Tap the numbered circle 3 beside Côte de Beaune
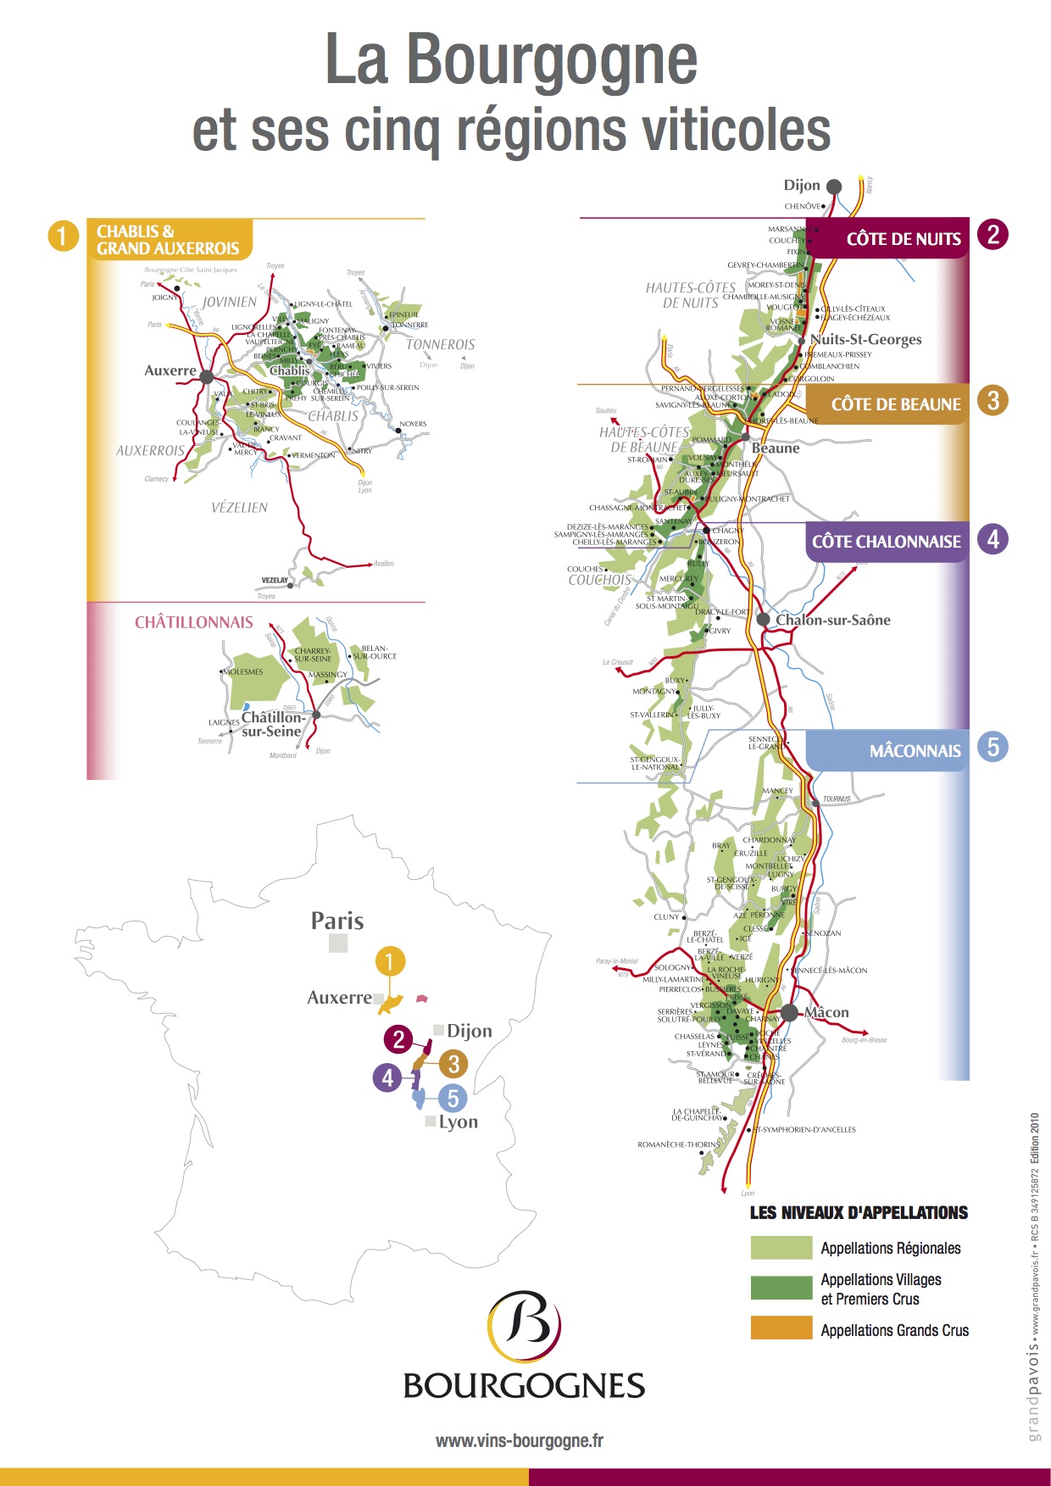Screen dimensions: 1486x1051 tap(993, 400)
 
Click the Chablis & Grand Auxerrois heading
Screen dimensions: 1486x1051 tap(168, 240)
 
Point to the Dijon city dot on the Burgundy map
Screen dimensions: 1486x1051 tap(834, 186)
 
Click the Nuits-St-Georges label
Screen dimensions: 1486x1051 tap(865, 340)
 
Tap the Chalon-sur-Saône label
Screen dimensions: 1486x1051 tap(832, 621)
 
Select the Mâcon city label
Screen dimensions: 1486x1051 tap(826, 1013)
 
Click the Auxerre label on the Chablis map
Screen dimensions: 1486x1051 tap(170, 370)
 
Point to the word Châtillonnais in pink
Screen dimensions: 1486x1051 tap(194, 622)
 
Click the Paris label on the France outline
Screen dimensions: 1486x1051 tap(337, 921)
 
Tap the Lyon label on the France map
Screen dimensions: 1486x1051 tap(458, 1122)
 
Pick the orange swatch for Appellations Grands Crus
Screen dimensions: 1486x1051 tap(781, 1327)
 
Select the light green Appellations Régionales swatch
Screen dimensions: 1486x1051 tap(781, 1248)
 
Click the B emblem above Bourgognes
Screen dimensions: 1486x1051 tap(524, 1324)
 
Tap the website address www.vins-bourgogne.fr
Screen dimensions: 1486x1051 tap(519, 1440)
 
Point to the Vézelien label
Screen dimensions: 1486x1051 tap(240, 508)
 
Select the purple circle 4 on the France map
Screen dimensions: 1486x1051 tap(387, 1077)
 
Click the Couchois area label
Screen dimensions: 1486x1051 tap(599, 581)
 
